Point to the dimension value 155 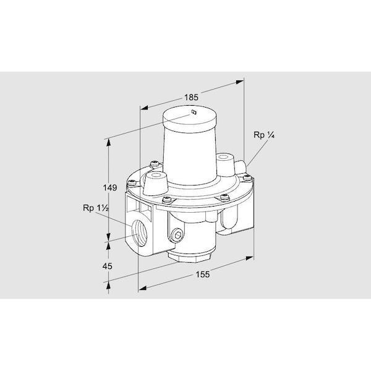201,275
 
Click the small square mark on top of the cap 193,112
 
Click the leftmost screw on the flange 131,182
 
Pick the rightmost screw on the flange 247,179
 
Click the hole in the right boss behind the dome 223,158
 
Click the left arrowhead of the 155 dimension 142,288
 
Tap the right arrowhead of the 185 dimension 241,80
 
